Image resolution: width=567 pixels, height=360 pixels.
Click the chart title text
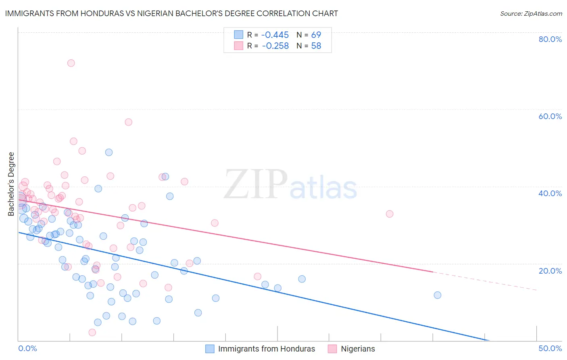coord(171,13)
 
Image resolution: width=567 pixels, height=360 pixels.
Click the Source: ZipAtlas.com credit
coord(531,13)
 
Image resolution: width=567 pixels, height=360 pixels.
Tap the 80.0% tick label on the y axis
coord(550,39)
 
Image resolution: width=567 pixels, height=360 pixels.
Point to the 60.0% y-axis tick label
coord(550,116)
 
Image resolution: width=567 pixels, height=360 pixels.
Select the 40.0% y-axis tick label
coord(550,193)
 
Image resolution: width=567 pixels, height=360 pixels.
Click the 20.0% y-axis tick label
coord(550,270)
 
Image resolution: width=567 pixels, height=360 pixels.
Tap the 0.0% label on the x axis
coord(27,348)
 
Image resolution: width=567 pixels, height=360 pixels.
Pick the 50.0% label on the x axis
coord(550,348)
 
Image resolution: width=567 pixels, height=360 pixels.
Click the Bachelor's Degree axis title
coord(11,184)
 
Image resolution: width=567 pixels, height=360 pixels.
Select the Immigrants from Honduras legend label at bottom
coord(267,349)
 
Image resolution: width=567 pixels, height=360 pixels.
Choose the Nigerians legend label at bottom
coord(358,349)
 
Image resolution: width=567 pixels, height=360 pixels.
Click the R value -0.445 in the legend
coord(275,35)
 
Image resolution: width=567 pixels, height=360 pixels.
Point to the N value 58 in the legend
coord(316,46)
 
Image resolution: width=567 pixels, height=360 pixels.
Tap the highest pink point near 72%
coord(71,63)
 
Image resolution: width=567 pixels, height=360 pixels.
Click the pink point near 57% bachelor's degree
coord(128,122)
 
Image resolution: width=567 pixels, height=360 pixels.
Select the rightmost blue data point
coord(438,295)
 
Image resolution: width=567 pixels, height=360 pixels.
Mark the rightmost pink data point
coord(390,214)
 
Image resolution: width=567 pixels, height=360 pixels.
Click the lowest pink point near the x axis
coord(92,333)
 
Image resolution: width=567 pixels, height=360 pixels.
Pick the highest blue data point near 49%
coord(109,152)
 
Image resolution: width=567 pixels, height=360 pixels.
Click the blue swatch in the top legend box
coord(239,35)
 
